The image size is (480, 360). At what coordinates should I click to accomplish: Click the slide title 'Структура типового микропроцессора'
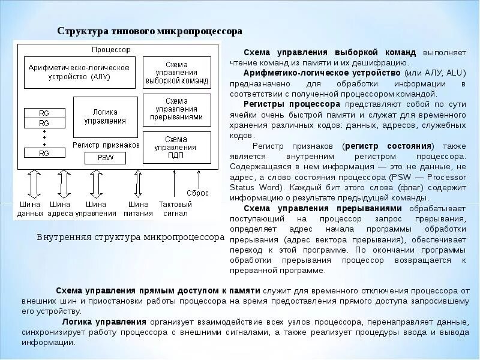click(x=149, y=31)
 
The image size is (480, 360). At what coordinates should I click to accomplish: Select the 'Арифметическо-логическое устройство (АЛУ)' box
click(x=79, y=72)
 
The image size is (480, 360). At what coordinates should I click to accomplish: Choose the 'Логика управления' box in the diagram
click(x=105, y=116)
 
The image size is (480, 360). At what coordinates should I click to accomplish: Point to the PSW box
click(x=106, y=158)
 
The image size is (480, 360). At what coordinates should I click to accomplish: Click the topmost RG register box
click(x=44, y=113)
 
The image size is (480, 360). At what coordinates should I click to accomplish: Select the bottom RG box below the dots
click(x=44, y=153)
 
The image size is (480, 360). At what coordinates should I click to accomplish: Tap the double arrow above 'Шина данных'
click(x=34, y=184)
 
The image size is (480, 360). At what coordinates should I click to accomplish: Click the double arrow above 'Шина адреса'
click(x=64, y=184)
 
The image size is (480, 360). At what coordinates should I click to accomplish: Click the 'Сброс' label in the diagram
click(x=197, y=193)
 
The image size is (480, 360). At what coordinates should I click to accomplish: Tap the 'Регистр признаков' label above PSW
click(x=106, y=145)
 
